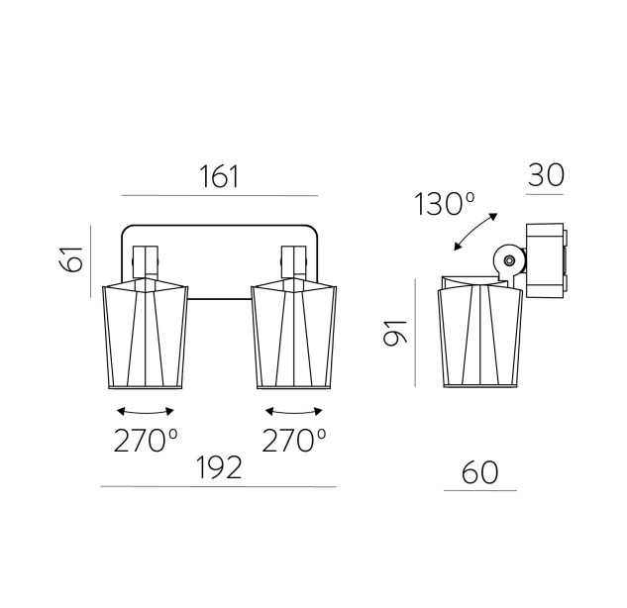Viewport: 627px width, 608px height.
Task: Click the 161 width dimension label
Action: click(219, 176)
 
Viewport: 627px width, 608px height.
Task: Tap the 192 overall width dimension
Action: click(219, 467)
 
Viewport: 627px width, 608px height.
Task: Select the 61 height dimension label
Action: click(70, 259)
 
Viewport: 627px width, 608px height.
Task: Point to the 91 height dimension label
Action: click(395, 333)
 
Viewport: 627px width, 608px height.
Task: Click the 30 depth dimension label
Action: click(546, 175)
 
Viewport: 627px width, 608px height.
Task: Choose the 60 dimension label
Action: click(479, 472)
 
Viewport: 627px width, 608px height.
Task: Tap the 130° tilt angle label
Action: click(445, 204)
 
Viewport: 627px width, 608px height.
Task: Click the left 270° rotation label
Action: click(146, 441)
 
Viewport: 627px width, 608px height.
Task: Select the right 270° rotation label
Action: click(294, 441)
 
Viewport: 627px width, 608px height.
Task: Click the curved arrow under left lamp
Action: click(146, 413)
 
